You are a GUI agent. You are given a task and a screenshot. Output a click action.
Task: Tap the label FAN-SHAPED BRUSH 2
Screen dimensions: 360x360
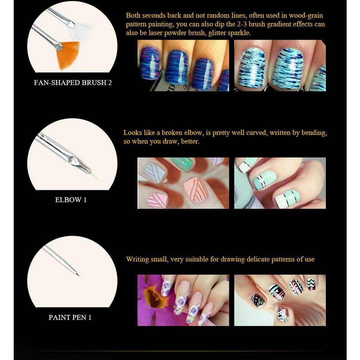[x=73, y=83]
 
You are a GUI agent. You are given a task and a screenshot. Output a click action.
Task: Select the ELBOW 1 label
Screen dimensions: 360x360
[x=71, y=200]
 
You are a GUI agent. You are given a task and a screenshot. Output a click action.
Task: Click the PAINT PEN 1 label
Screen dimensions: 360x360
[x=70, y=317]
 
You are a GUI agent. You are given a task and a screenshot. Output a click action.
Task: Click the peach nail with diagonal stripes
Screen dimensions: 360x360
[x=196, y=189]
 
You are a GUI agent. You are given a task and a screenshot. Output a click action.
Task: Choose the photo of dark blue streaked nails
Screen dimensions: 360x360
[x=183, y=65]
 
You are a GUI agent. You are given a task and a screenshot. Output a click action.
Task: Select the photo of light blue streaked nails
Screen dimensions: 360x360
[x=280, y=65]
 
